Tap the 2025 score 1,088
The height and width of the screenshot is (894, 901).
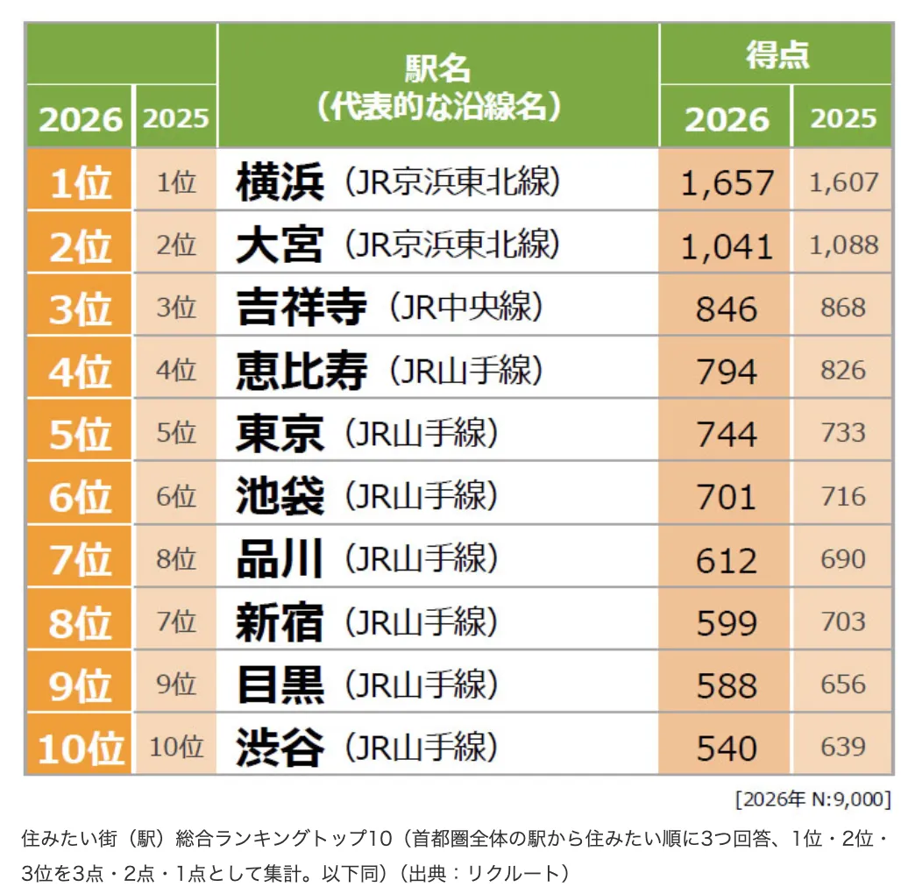coord(843,245)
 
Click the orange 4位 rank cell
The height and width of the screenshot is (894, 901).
coord(80,371)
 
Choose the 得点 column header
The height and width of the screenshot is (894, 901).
coord(777,55)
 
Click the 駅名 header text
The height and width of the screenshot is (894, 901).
coord(437,67)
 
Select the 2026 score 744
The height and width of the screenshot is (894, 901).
coord(727,434)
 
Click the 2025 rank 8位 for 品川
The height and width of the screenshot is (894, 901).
coord(176,559)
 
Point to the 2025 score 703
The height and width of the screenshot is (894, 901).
coord(843,621)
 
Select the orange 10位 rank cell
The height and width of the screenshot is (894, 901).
coord(80,748)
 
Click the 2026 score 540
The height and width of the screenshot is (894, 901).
coord(727,748)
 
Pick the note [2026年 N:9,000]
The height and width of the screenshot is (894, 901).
coord(813,799)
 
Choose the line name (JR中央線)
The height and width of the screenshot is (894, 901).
coord(467,308)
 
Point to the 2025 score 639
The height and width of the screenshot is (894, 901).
coord(843,747)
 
